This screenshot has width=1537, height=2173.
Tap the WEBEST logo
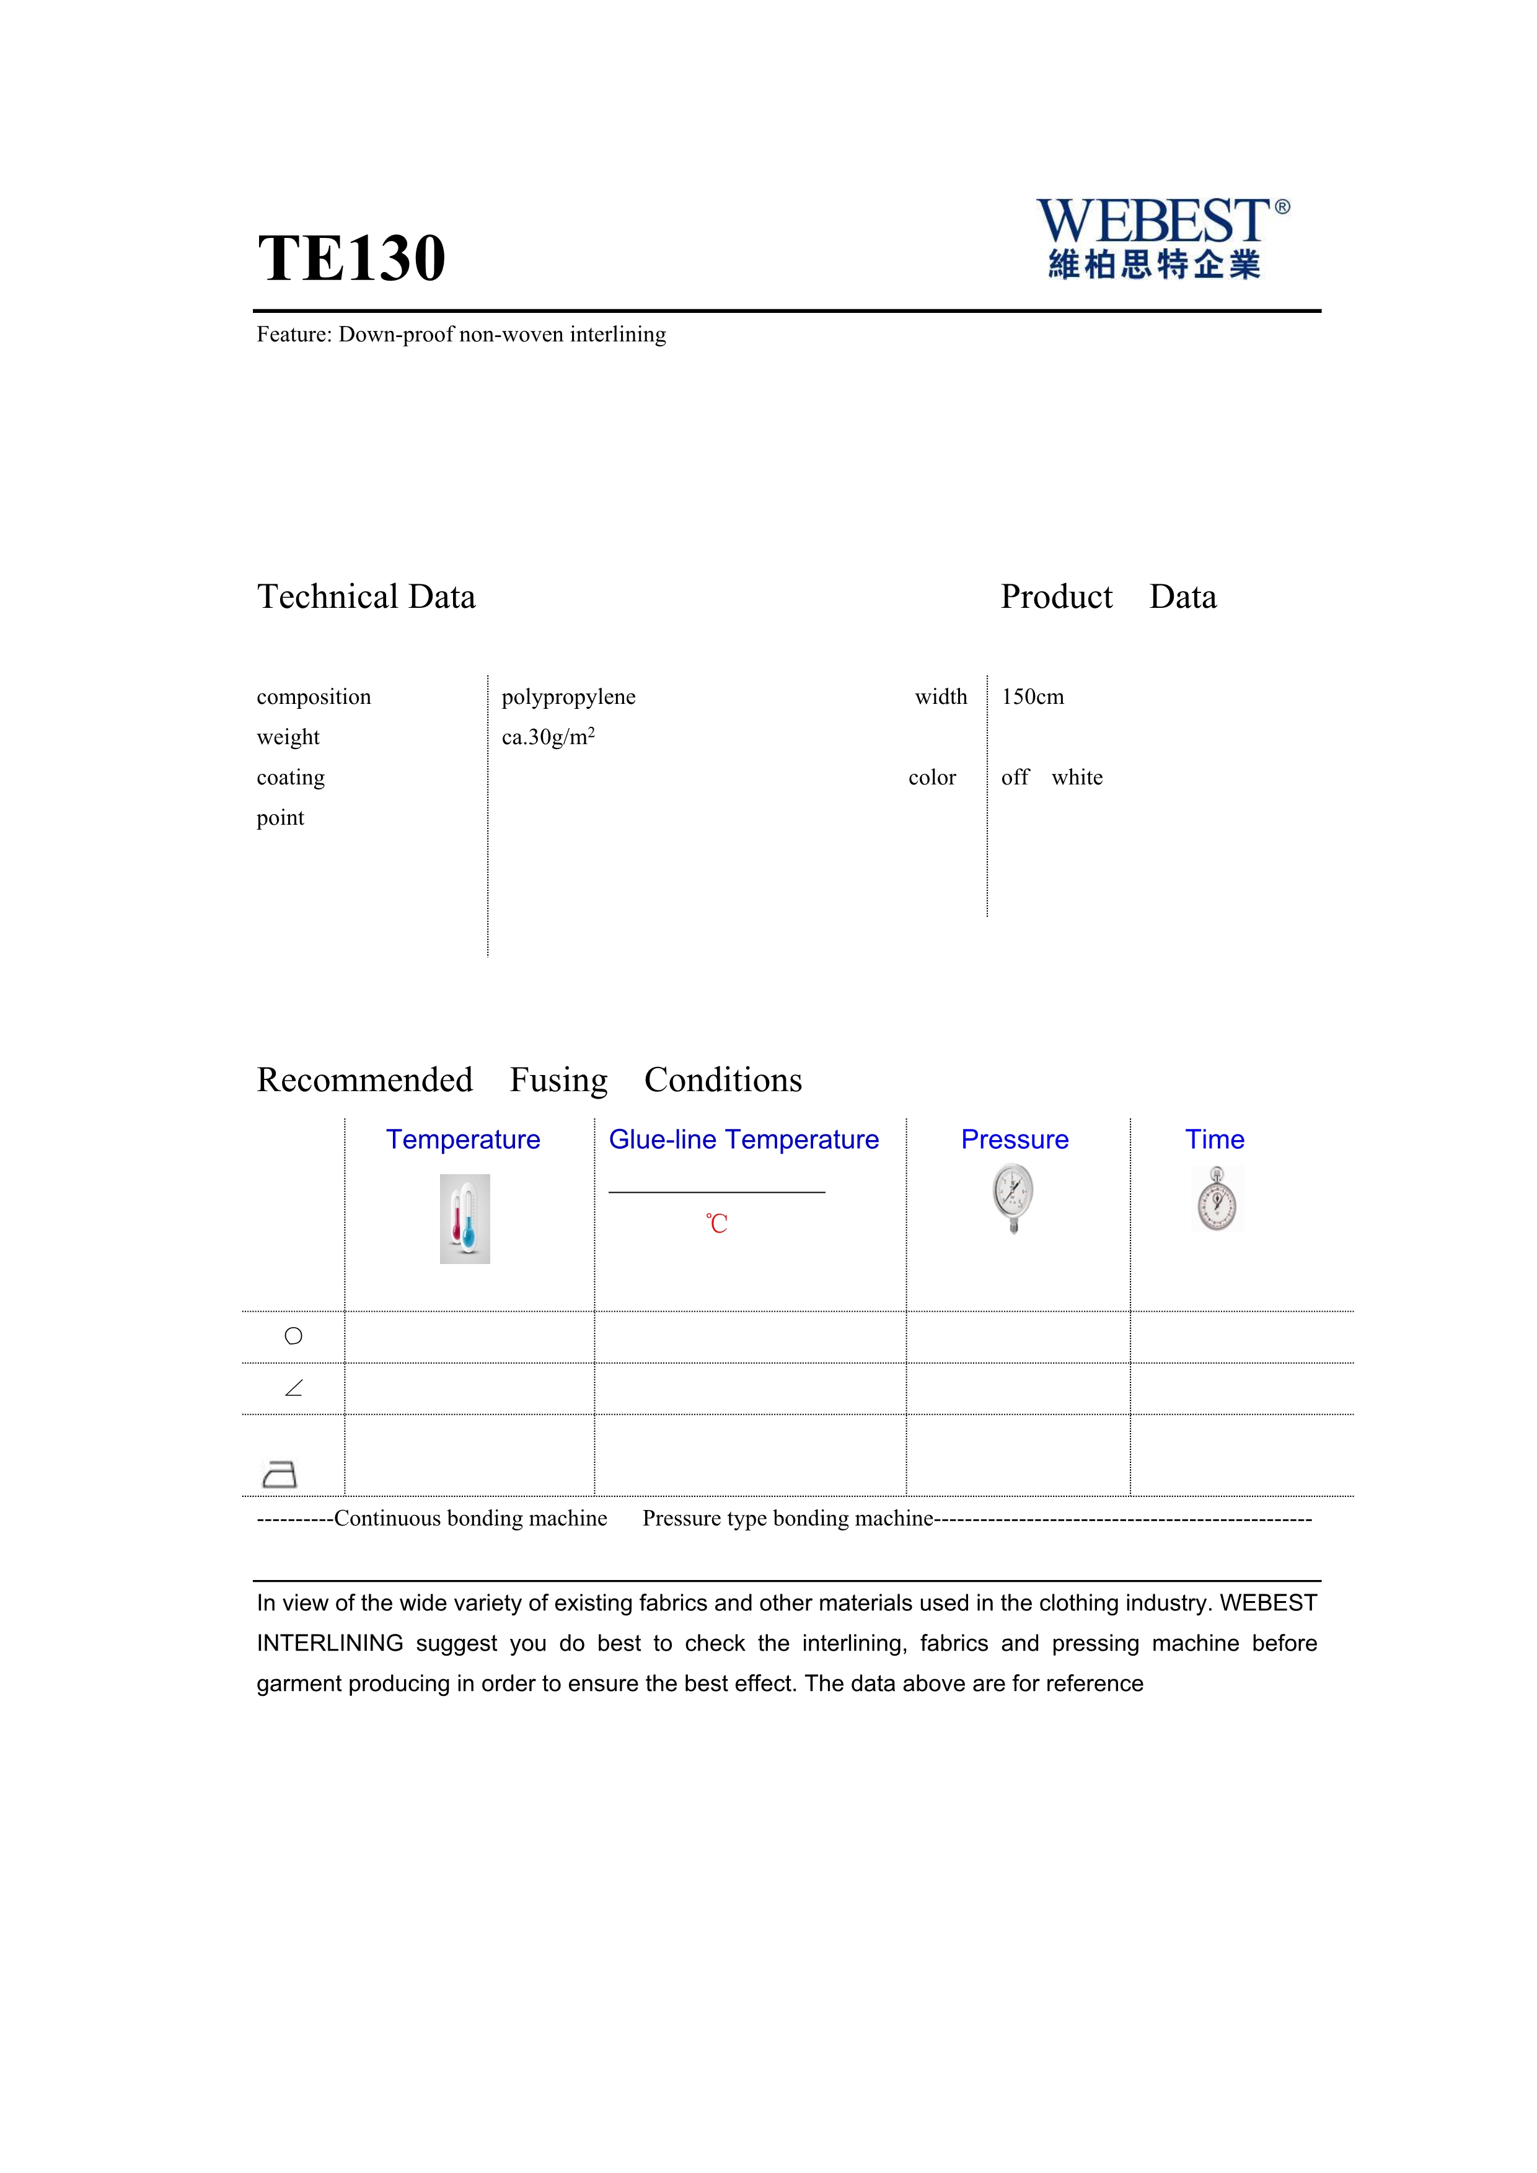[x=1162, y=237]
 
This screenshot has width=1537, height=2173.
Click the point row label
[x=280, y=818]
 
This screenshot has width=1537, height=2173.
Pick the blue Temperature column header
[x=463, y=1139]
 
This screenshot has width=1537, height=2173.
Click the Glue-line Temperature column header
[x=744, y=1139]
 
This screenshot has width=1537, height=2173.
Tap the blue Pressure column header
[x=1015, y=1139]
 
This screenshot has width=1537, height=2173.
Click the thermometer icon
[x=465, y=1219]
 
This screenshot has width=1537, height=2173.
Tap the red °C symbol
[x=716, y=1224]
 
